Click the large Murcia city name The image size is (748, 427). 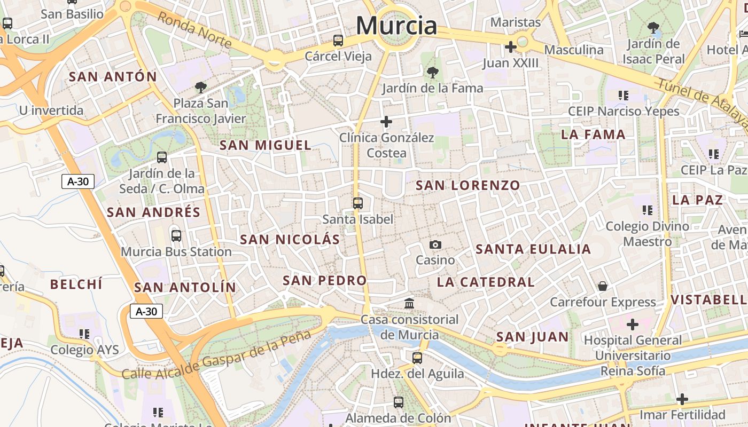pyautogui.click(x=396, y=25)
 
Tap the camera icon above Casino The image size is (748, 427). pyautogui.click(x=435, y=245)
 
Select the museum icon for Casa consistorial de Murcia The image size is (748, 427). pyautogui.click(x=409, y=304)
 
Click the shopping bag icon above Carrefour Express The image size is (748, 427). pyautogui.click(x=603, y=287)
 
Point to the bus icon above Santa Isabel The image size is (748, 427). pyautogui.click(x=357, y=203)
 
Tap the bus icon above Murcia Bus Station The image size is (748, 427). pyautogui.click(x=176, y=235)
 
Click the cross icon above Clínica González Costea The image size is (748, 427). pyautogui.click(x=386, y=122)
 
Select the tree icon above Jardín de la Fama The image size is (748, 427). pyautogui.click(x=432, y=72)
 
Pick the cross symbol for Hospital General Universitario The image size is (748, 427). pyautogui.click(x=633, y=325)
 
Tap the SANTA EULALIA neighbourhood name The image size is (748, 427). pyautogui.click(x=533, y=249)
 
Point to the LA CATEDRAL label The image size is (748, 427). pyautogui.click(x=486, y=282)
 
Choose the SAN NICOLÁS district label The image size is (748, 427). pyautogui.click(x=290, y=240)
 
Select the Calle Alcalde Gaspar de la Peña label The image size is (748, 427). pyautogui.click(x=216, y=354)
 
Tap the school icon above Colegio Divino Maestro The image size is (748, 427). pyautogui.click(x=648, y=210)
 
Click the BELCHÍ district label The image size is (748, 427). pyautogui.click(x=76, y=284)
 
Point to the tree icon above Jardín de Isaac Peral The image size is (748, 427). pyautogui.click(x=653, y=27)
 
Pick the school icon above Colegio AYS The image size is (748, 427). pyautogui.click(x=84, y=334)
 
